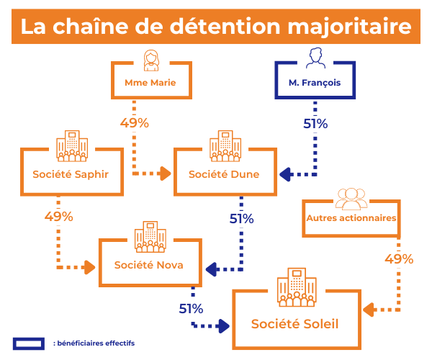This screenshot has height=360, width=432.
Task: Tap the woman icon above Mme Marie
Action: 150,59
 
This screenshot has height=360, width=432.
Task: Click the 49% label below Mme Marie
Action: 135,123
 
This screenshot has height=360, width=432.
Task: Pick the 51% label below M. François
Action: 315,124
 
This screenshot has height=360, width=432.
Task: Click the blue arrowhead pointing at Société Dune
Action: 286,174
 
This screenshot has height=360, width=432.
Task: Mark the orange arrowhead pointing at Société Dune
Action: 165,174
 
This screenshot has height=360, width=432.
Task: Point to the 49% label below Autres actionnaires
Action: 399,259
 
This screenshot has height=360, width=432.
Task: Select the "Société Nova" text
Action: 148,265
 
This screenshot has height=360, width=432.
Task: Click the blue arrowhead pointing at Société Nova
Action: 211,269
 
